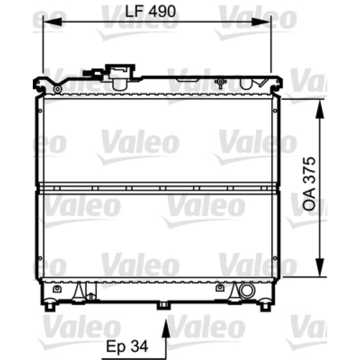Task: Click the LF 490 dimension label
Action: point(150,11)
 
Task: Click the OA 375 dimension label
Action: point(309,184)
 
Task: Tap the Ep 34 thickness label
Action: point(127,346)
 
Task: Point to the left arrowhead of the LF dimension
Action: point(52,22)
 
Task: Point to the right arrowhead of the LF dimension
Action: point(261,22)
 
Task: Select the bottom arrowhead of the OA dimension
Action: point(320,267)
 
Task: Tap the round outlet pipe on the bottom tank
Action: point(247,291)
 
